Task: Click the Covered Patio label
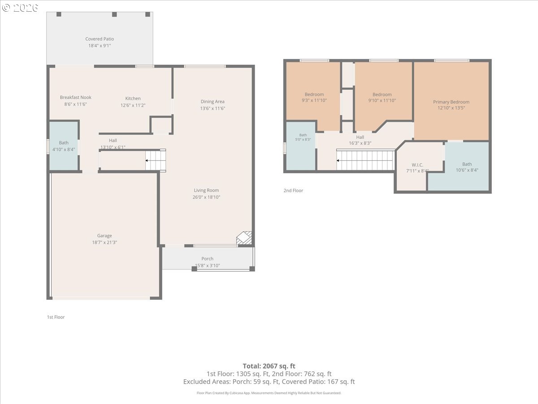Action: point(100,39)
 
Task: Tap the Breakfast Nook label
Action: point(75,97)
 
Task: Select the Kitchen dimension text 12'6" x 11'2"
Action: point(133,105)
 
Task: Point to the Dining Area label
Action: point(213,101)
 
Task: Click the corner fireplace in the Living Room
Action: point(244,238)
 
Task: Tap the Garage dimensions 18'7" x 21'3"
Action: point(104,242)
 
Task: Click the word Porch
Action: point(208,259)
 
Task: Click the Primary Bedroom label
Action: point(451,102)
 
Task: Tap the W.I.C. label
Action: point(417,165)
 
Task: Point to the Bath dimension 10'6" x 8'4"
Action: point(467,170)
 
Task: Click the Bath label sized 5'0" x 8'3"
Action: point(303,135)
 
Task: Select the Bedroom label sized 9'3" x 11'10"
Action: point(314,94)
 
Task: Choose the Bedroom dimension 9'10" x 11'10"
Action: point(382,100)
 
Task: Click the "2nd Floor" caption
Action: point(293,191)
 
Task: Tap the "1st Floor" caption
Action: point(56,317)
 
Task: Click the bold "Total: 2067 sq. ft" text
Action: point(269,366)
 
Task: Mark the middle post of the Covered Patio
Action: point(114,14)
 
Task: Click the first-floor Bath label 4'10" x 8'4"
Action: point(64,143)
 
